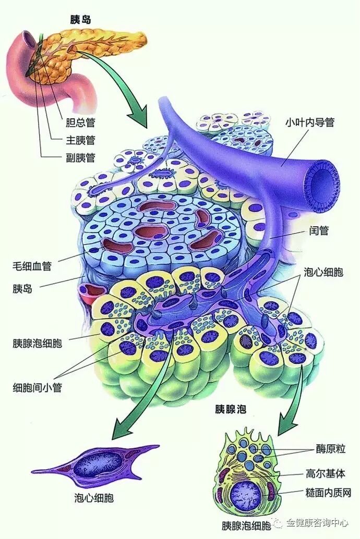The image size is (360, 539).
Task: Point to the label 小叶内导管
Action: coord(309,123)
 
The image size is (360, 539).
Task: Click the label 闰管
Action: coord(318,230)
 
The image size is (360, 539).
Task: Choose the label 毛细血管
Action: coord(32,266)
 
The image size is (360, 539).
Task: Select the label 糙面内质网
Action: coord(329,492)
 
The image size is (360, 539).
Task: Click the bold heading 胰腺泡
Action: coord(230,409)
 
